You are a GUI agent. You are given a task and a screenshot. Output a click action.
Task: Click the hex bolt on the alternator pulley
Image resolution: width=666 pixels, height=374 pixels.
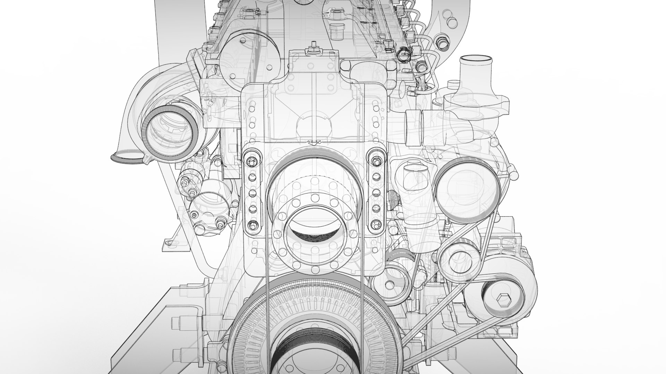click(503, 298)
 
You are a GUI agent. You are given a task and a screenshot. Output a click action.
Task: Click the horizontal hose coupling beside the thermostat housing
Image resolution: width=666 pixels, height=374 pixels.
click(415, 127)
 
